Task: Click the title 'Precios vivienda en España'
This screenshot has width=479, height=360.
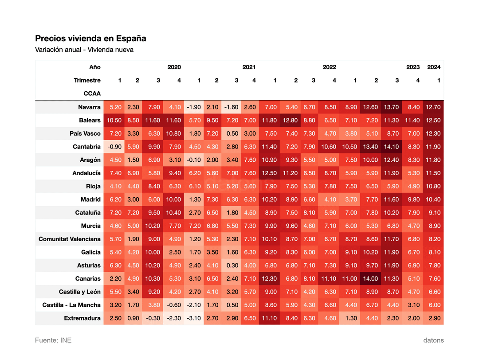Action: pyautogui.click(x=90, y=39)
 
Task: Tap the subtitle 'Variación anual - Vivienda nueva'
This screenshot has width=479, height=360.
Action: pyautogui.click(x=84, y=50)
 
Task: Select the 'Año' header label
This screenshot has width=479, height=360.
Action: pyautogui.click(x=95, y=67)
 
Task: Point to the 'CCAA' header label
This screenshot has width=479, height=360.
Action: pyautogui.click(x=92, y=94)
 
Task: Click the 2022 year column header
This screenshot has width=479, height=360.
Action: pyautogui.click(x=329, y=67)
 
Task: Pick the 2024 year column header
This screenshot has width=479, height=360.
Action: pyautogui.click(x=434, y=67)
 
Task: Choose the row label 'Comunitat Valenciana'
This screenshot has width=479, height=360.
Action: pyautogui.click(x=69, y=239)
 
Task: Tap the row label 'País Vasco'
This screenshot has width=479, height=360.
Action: pyautogui.click(x=85, y=133)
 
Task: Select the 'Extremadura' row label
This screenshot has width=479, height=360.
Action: pyautogui.click(x=82, y=318)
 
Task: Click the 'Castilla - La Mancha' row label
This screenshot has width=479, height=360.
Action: pyautogui.click(x=71, y=305)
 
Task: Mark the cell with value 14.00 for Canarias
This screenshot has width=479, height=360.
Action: pyautogui.click(x=370, y=278)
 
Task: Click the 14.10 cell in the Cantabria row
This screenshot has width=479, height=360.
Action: pyautogui.click(x=391, y=147)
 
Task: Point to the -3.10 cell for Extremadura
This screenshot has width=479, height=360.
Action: pyautogui.click(x=194, y=318)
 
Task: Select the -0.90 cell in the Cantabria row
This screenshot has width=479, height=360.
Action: pyautogui.click(x=114, y=147)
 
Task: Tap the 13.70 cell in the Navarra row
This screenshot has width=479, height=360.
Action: pyautogui.click(x=391, y=107)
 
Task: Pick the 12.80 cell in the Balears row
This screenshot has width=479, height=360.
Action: pyautogui.click(x=290, y=120)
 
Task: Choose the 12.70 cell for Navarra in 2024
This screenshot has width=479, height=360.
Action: pyautogui.click(x=433, y=107)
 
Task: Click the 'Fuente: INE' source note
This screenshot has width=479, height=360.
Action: pyautogui.click(x=53, y=340)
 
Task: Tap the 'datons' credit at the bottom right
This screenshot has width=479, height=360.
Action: pyautogui.click(x=433, y=340)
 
